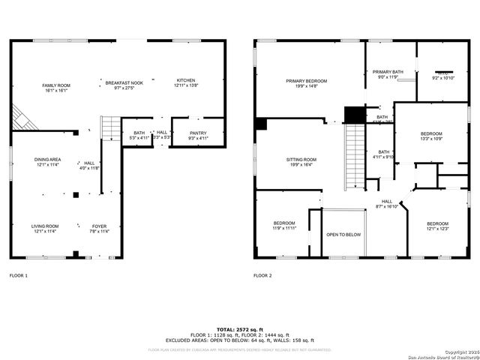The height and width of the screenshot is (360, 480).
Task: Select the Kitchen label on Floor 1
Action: [186, 83]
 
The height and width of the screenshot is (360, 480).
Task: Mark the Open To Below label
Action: [343, 235]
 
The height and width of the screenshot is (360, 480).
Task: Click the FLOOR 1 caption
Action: [19, 276]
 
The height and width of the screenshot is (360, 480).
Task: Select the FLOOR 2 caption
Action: [262, 276]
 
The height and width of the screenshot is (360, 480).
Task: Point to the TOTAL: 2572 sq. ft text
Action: [239, 329]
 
